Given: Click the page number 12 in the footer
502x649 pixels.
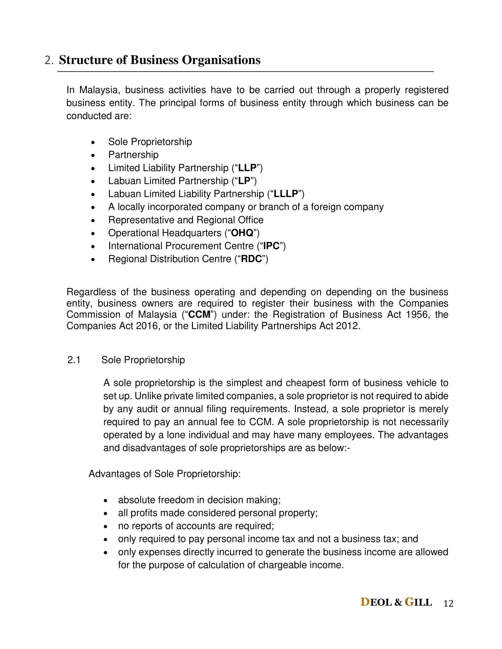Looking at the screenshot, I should pyautogui.click(x=448, y=604).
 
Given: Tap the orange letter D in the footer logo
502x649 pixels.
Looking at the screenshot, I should pyautogui.click(x=365, y=602).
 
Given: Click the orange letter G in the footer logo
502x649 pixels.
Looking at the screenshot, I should pyautogui.click(x=409, y=602).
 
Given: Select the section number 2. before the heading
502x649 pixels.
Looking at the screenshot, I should pyautogui.click(x=49, y=60).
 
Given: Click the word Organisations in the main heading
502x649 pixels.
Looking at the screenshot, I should pyautogui.click(x=221, y=60).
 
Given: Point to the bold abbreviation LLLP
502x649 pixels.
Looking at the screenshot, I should pyautogui.click(x=286, y=194).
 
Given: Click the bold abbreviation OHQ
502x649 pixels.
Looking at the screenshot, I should pyautogui.click(x=242, y=233).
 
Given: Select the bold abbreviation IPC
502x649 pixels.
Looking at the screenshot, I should pyautogui.click(x=271, y=246).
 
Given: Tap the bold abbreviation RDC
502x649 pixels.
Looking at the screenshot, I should pyautogui.click(x=251, y=259).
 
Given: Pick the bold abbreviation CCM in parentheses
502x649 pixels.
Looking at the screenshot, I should pyautogui.click(x=199, y=314).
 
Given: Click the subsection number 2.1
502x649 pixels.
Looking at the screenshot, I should pyautogui.click(x=74, y=360).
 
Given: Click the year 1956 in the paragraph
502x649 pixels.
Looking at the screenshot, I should pyautogui.click(x=418, y=314).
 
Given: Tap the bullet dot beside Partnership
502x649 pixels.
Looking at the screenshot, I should pyautogui.click(x=93, y=155).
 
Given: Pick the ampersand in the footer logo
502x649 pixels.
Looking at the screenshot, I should pyautogui.click(x=398, y=603).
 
